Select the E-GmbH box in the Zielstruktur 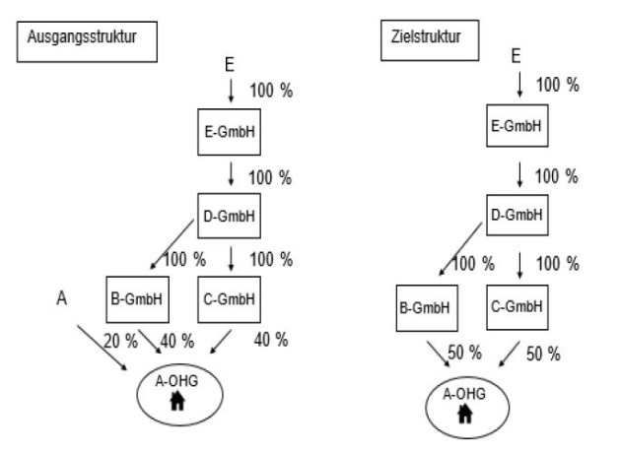[x=518, y=128]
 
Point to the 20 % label [x=119, y=340]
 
